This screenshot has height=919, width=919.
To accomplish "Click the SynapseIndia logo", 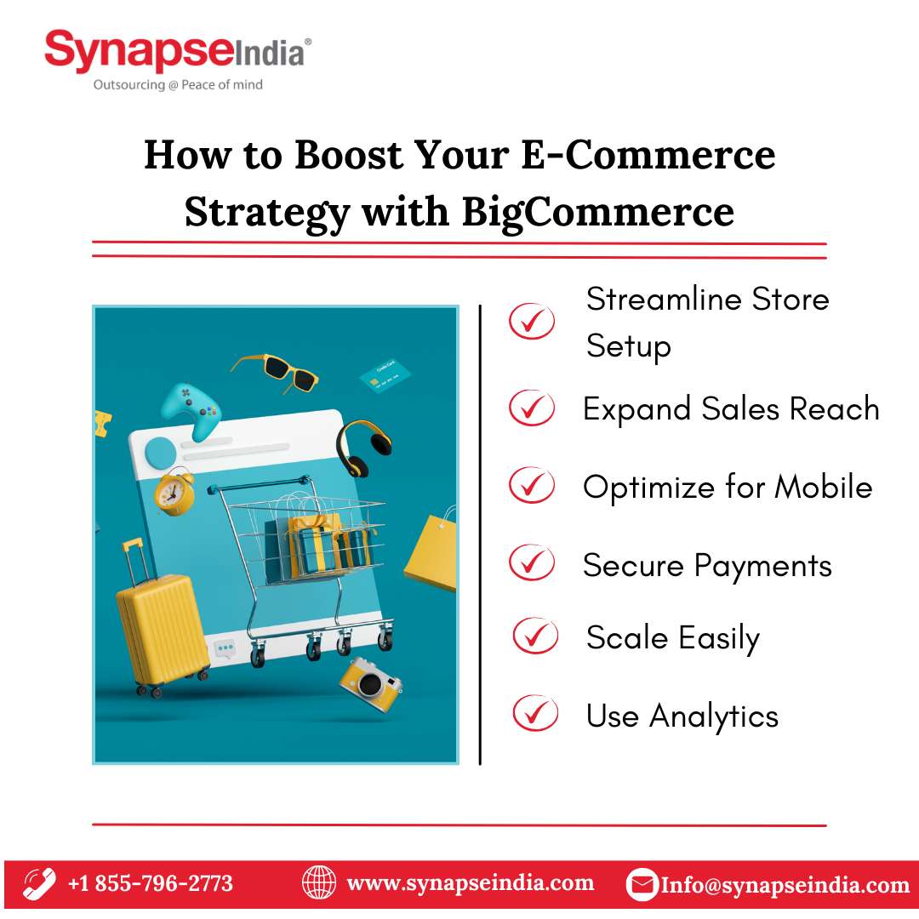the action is click(178, 60).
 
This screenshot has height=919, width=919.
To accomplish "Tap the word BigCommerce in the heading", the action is click(598, 212).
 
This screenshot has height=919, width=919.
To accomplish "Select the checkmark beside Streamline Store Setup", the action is click(532, 321).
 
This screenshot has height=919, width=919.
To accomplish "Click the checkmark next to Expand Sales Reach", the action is click(532, 408).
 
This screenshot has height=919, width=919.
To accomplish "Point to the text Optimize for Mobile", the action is click(728, 487).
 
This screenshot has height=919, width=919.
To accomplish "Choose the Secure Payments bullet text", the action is click(707, 566).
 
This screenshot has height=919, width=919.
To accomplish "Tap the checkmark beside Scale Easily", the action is click(535, 636).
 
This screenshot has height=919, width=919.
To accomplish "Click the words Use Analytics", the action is click(682, 716).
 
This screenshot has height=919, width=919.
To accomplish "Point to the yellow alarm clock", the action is click(174, 491).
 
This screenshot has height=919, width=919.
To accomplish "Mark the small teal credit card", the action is click(385, 375).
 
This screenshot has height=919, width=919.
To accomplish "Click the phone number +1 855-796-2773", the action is click(151, 883).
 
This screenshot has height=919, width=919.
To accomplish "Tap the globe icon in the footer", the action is click(319, 883).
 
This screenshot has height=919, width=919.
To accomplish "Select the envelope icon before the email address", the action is click(642, 884).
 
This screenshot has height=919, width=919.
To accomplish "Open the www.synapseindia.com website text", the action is click(471, 883).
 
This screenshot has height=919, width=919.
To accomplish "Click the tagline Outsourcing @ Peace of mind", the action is click(178, 85).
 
